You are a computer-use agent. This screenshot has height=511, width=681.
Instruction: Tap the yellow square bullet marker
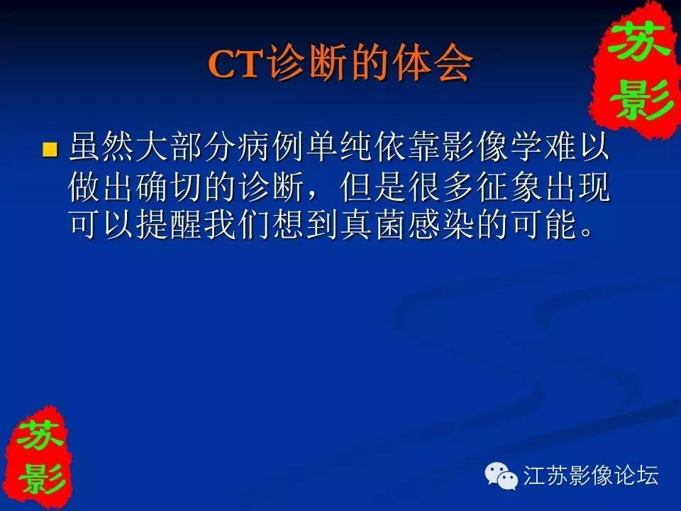point(50,149)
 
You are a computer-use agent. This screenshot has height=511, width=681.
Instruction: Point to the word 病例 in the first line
point(272,147)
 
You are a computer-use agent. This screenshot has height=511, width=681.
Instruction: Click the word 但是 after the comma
point(374,187)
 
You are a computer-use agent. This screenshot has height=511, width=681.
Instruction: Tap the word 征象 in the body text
point(509,187)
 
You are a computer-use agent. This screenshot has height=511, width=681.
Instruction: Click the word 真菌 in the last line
point(374,225)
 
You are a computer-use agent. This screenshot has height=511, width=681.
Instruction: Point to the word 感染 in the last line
point(441,225)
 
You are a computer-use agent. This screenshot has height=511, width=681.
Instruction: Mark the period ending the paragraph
point(587,233)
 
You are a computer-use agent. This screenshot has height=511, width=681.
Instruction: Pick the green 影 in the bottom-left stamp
point(41,478)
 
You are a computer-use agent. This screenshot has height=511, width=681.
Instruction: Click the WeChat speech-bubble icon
point(502,476)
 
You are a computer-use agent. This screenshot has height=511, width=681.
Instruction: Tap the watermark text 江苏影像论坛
point(591,475)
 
